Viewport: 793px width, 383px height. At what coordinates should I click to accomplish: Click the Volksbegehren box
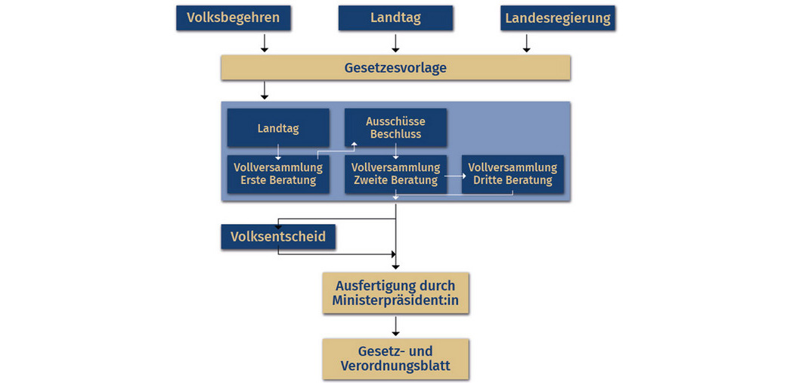(233, 18)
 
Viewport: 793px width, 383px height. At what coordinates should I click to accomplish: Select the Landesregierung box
(558, 18)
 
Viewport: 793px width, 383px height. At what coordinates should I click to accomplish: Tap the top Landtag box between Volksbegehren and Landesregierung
(395, 18)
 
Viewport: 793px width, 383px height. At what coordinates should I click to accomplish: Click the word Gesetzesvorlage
(395, 68)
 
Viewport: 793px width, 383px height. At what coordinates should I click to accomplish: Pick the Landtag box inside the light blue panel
(278, 128)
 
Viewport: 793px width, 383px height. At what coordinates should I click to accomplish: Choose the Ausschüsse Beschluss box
(395, 128)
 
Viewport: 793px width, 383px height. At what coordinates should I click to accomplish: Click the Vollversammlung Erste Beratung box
(278, 174)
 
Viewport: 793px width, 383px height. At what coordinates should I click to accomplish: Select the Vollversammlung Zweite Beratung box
(395, 174)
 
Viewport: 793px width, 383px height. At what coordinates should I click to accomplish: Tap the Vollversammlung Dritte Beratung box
(513, 174)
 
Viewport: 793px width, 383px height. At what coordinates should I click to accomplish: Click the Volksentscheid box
(278, 237)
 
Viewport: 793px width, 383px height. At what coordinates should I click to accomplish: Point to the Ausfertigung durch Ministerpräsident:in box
(395, 293)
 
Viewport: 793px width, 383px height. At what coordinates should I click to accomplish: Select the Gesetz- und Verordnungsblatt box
(395, 360)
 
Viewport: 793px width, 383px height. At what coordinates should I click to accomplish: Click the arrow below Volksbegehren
(264, 43)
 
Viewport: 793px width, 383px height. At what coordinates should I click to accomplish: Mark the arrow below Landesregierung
(526, 43)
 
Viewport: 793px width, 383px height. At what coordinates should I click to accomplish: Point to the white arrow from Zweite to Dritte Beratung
(454, 176)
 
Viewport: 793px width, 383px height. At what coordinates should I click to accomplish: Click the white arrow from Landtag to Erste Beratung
(277, 152)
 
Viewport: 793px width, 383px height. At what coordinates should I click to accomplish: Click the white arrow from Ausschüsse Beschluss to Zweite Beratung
(395, 152)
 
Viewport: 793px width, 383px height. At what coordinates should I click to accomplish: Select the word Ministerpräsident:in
(395, 300)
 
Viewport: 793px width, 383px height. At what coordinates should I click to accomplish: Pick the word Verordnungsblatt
(395, 366)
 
